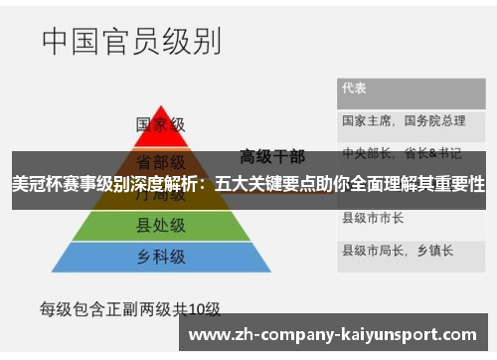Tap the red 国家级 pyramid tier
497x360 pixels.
pyautogui.click(x=161, y=125)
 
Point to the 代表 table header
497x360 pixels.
pyautogui.click(x=355, y=89)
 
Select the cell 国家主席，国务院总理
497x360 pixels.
pyautogui.click(x=404, y=120)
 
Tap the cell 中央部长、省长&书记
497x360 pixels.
pyautogui.click(x=402, y=153)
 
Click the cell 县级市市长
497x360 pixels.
pyautogui.click(x=373, y=217)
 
